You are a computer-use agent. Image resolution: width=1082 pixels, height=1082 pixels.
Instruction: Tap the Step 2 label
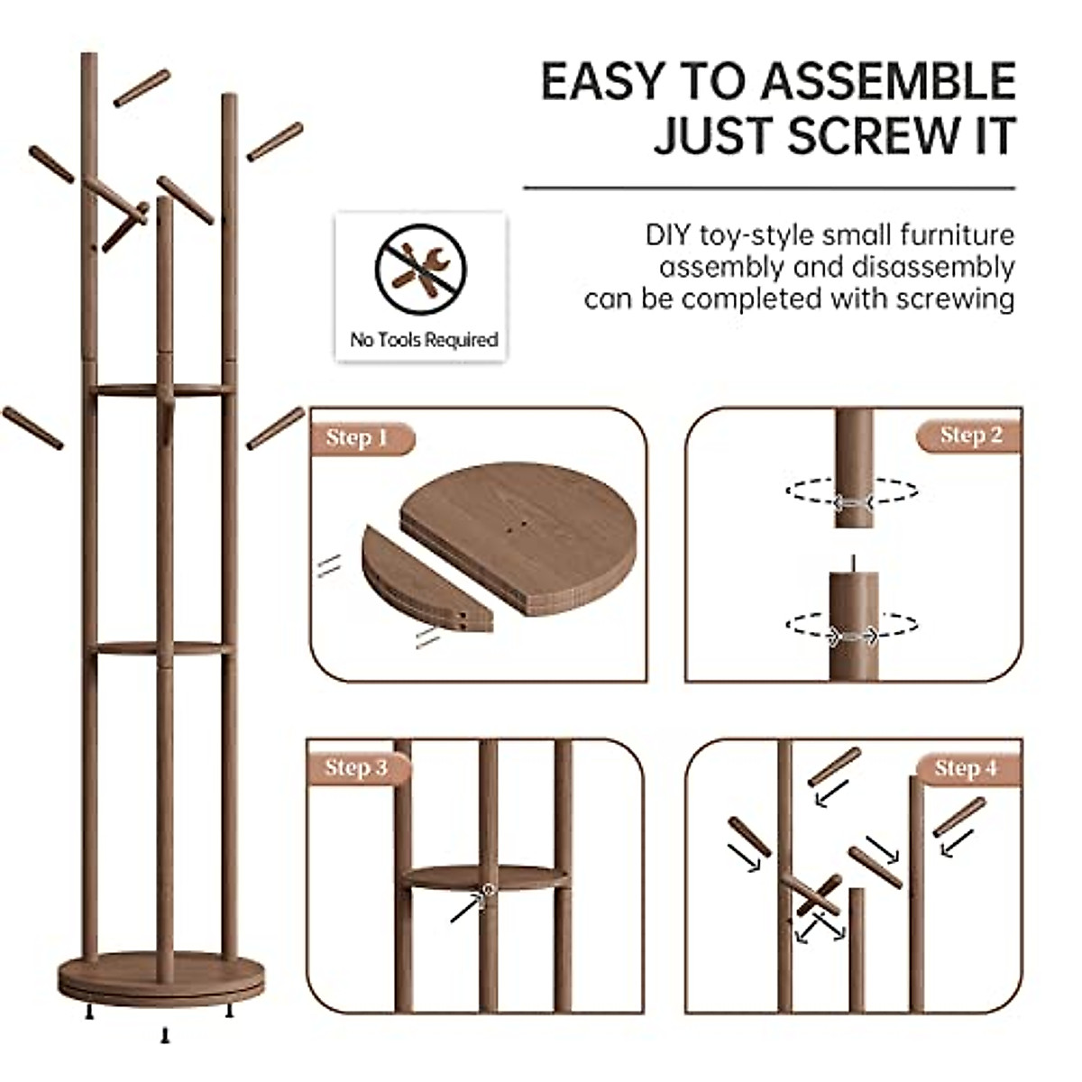(x=970, y=436)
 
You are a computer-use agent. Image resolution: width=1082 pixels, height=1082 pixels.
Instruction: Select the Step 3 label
(x=357, y=768)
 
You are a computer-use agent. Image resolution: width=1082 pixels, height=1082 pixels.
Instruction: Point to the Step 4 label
(x=967, y=768)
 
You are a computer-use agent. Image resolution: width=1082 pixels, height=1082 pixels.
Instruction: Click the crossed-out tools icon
(x=421, y=268)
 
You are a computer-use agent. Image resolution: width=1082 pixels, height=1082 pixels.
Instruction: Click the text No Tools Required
(x=424, y=340)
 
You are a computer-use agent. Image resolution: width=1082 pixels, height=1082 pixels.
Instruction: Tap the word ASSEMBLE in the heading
(x=888, y=81)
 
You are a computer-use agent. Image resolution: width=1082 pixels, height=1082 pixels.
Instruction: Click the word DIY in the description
(x=668, y=236)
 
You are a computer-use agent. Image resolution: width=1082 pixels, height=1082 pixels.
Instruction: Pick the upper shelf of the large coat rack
(x=162, y=390)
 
